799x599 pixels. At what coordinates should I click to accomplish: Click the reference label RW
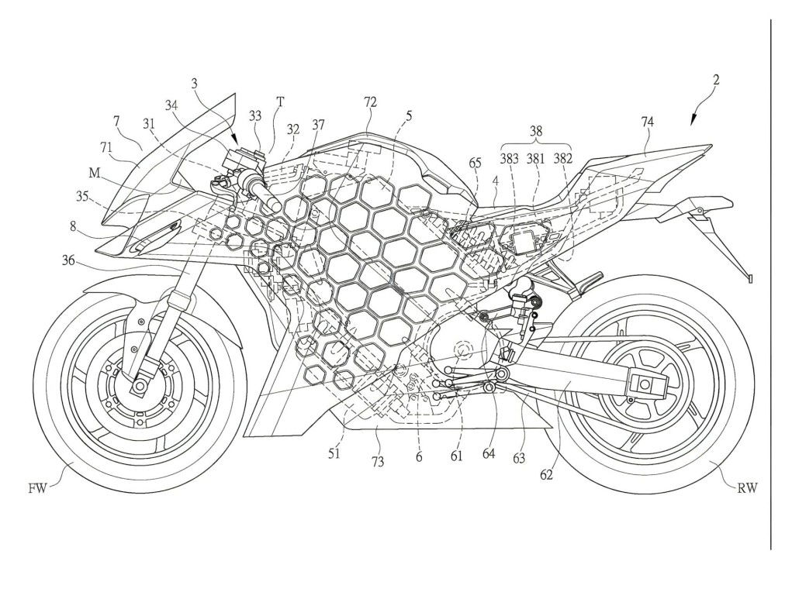[x=748, y=488]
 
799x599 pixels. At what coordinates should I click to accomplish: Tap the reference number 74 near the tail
[x=647, y=121]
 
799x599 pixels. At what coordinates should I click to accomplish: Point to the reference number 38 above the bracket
[x=535, y=132]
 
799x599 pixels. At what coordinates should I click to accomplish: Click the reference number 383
[x=510, y=159]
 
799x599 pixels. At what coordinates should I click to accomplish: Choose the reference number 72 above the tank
[x=370, y=102]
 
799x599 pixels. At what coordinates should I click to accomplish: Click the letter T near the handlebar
[x=279, y=100]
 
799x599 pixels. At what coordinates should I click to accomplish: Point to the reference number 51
[x=334, y=454]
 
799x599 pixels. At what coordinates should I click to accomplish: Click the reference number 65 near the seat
[x=475, y=164]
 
